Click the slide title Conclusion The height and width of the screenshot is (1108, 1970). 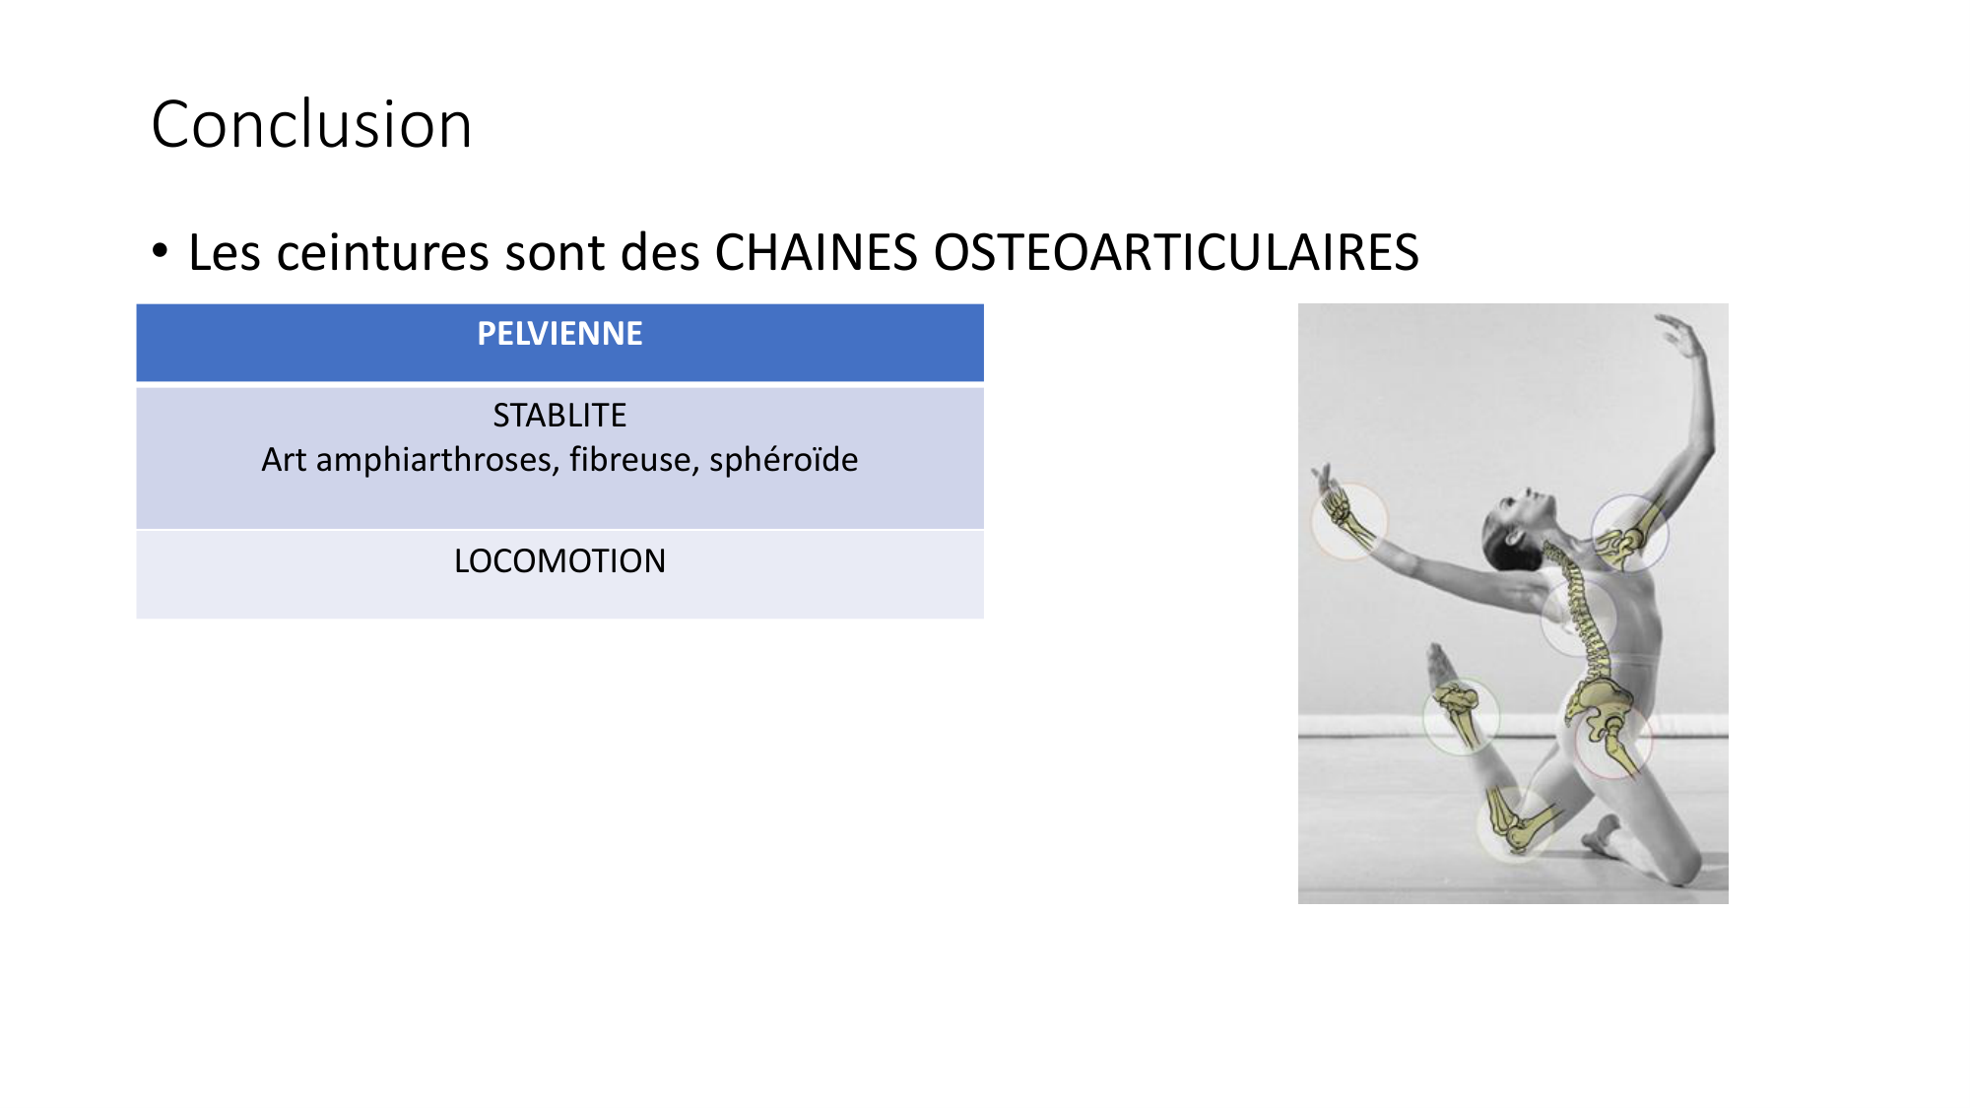click(311, 125)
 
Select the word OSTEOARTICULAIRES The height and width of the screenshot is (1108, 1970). click(1176, 252)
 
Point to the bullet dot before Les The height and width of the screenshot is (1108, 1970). click(161, 250)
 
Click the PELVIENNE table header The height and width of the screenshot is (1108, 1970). click(559, 334)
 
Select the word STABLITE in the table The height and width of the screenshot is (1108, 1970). click(559, 416)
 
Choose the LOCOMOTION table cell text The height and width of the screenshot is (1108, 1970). click(559, 561)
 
